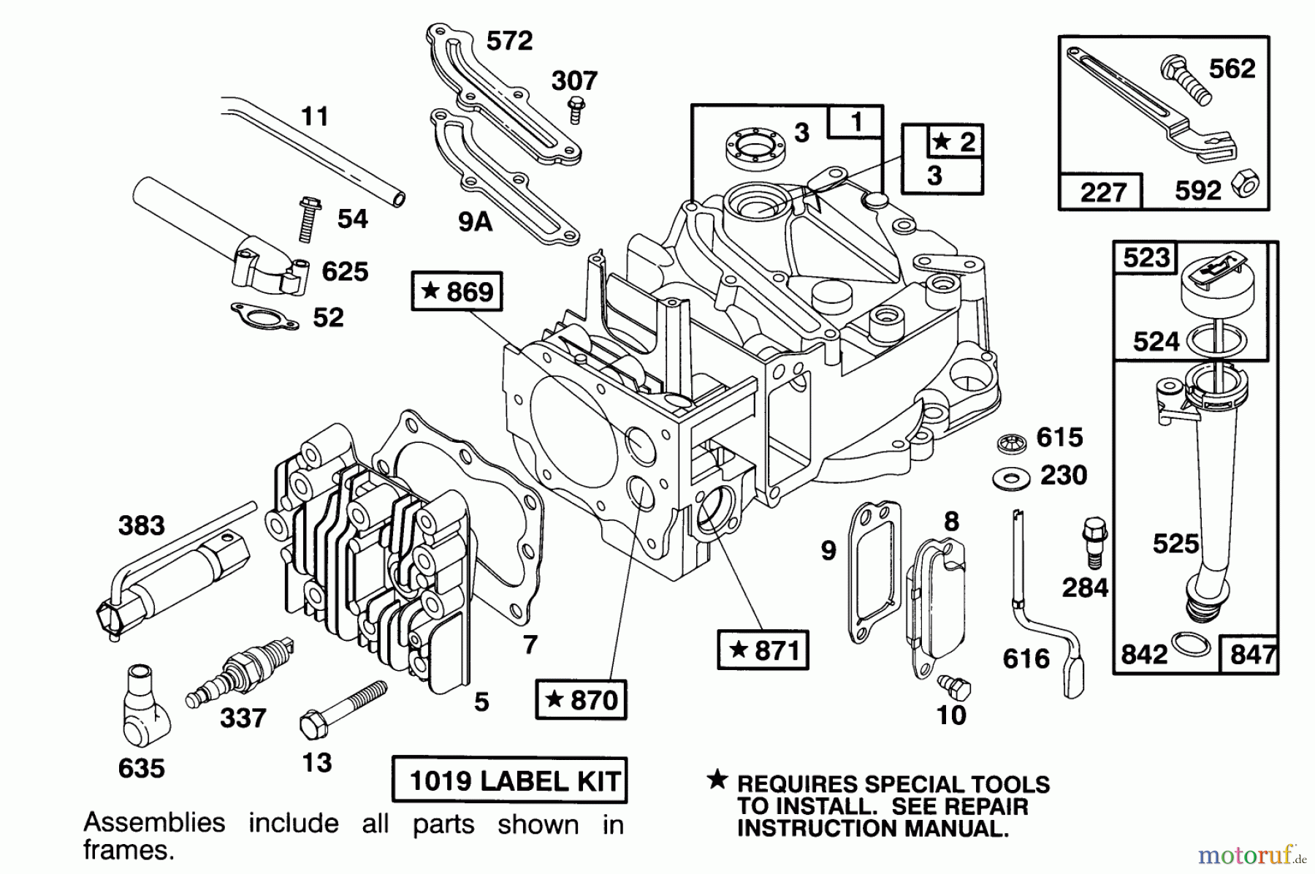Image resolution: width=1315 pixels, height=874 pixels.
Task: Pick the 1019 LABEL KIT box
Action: pos(509,781)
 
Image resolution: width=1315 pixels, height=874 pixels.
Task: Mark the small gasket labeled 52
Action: pos(264,316)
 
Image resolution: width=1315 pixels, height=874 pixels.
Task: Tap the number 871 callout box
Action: pos(763,650)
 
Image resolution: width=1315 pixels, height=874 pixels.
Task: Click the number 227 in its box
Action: pos(1103,192)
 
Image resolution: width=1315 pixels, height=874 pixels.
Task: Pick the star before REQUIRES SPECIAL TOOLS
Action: pos(717,780)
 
